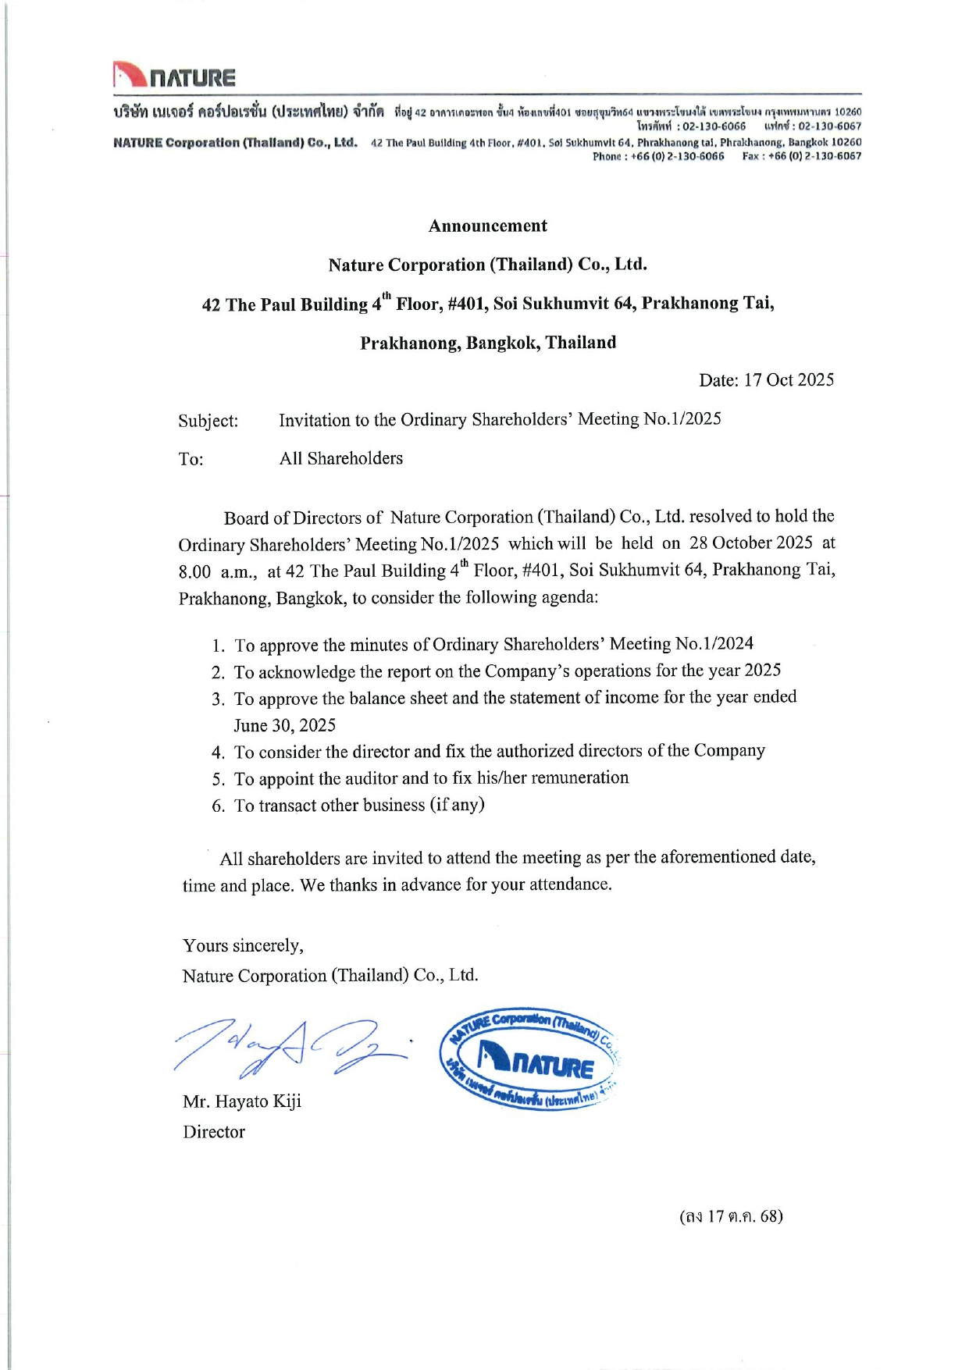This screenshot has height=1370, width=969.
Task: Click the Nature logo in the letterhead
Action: pyautogui.click(x=173, y=76)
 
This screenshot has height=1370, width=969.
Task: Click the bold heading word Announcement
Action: pyautogui.click(x=487, y=226)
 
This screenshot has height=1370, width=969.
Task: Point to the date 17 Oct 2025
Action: pyautogui.click(x=789, y=380)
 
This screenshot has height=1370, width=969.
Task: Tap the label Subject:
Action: pyautogui.click(x=208, y=421)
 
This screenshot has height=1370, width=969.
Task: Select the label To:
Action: pyautogui.click(x=191, y=459)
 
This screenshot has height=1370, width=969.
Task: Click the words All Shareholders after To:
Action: pyautogui.click(x=341, y=458)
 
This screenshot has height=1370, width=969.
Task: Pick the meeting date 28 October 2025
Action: pyautogui.click(x=750, y=543)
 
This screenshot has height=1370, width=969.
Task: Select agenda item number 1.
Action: pyautogui.click(x=218, y=646)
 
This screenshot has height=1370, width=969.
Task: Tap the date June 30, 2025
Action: pyautogui.click(x=285, y=725)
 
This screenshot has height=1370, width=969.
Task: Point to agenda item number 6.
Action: pyautogui.click(x=218, y=806)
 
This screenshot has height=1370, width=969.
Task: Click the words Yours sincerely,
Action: pyautogui.click(x=243, y=946)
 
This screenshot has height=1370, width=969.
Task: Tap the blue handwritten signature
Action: pyautogui.click(x=289, y=1048)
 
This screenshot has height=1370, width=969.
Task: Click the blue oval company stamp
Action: pyautogui.click(x=530, y=1058)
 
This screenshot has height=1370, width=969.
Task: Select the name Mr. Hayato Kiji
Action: pyautogui.click(x=242, y=1101)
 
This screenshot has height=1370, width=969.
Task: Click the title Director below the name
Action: pyautogui.click(x=214, y=1132)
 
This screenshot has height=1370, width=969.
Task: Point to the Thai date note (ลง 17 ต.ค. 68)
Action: pyautogui.click(x=731, y=1216)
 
